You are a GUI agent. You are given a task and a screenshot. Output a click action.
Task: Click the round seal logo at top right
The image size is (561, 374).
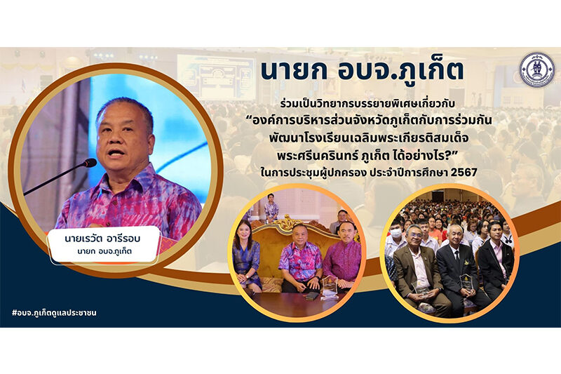tap(536, 69)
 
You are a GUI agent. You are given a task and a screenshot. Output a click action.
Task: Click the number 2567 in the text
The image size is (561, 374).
tap(464, 173)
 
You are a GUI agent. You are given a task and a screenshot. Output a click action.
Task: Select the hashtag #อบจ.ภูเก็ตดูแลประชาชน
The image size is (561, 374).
tap(54, 313)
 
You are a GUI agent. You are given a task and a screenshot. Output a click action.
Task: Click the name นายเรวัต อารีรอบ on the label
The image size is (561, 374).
tap(102, 239)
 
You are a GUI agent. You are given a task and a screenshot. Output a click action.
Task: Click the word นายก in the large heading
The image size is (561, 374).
tap(294, 71)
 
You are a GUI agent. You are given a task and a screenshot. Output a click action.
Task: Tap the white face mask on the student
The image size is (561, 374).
tap(396, 233)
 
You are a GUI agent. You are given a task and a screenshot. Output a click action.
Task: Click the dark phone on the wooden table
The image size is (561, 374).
tap(312, 295)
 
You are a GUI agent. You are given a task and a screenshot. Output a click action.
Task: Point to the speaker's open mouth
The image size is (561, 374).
tap(116, 153)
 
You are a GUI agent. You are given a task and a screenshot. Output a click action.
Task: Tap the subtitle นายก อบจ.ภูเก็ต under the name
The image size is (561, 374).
tap(104, 252)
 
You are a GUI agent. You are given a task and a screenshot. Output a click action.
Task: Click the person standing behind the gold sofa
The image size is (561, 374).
tap(271, 208)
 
